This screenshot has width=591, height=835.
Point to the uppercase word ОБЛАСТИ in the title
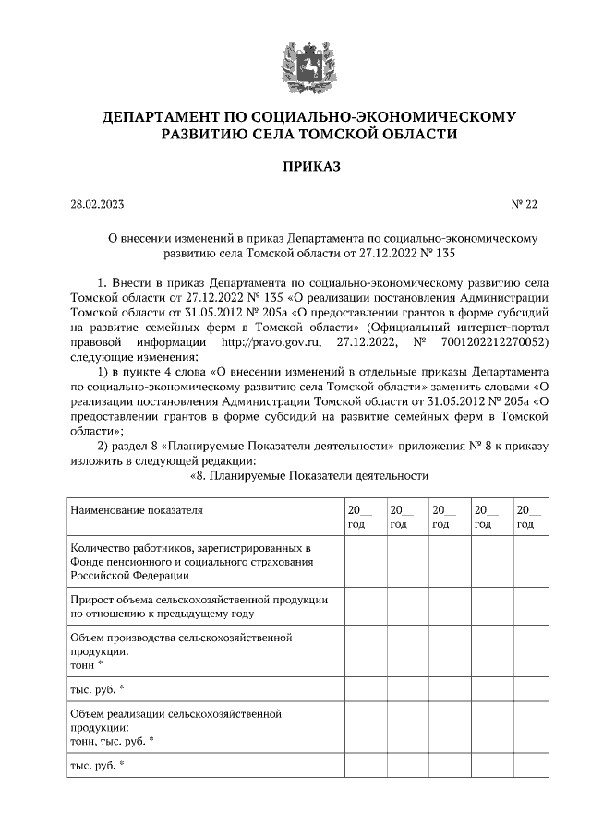(415, 135)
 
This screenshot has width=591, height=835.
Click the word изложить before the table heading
(97, 461)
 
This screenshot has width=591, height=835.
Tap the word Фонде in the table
(86, 562)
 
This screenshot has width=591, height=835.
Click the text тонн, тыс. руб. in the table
(110, 739)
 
